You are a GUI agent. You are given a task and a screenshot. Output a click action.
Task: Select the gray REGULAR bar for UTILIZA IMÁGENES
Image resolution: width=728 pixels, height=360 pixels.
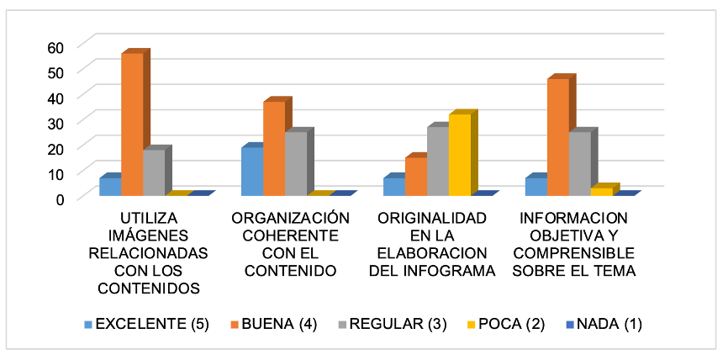(x=153, y=173)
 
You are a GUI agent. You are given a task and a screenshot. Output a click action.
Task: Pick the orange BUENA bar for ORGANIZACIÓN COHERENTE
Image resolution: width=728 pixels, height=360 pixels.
(x=274, y=149)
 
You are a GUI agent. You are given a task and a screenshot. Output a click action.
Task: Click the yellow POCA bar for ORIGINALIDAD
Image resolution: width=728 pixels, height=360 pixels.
(x=459, y=155)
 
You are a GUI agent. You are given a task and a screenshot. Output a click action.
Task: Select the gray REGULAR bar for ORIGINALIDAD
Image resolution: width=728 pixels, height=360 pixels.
(x=437, y=161)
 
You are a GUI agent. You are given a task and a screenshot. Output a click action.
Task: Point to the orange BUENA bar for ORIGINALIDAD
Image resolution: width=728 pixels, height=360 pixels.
(x=415, y=177)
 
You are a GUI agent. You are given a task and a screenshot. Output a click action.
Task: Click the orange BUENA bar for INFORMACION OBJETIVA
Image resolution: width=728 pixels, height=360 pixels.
(x=558, y=137)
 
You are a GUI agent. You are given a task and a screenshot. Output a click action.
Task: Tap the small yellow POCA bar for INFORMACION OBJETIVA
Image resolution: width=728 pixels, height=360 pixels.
(x=602, y=192)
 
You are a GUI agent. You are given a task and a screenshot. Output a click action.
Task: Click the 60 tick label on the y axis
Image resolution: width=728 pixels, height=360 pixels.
(x=55, y=46)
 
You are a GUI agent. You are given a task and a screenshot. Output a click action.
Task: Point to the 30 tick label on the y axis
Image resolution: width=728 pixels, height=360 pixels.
(x=55, y=122)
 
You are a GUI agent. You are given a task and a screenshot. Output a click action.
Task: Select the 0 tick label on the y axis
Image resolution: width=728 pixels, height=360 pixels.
(x=59, y=198)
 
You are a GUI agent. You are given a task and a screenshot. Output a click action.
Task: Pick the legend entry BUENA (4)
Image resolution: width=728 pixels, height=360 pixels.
(x=278, y=324)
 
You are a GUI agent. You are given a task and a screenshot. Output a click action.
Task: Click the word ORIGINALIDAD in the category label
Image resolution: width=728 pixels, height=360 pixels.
(x=432, y=218)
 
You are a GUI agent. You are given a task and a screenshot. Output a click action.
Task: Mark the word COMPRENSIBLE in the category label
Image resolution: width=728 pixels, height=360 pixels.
(x=573, y=253)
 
